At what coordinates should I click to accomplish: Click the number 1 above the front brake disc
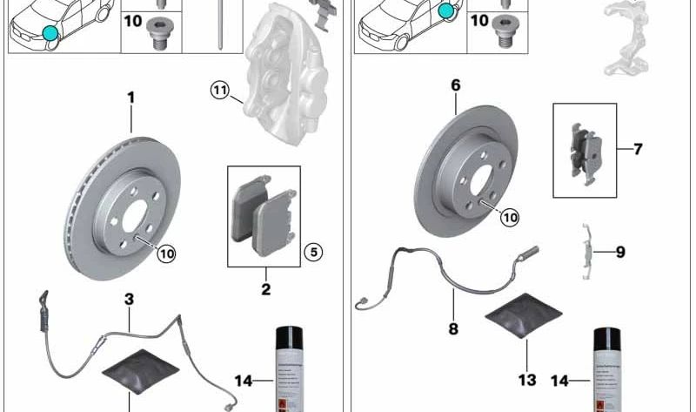tap(131, 98)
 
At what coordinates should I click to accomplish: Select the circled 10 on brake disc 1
tap(165, 253)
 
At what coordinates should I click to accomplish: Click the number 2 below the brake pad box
tap(265, 289)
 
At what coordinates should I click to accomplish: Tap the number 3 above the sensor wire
tap(129, 300)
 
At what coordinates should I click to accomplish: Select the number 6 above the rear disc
tap(456, 85)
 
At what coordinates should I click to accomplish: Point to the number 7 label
tap(638, 149)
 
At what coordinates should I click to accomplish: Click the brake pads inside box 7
tap(585, 152)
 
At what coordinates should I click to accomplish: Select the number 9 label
tap(620, 253)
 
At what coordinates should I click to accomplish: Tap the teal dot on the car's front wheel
tap(50, 34)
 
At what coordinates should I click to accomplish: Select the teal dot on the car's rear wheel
tap(447, 11)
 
